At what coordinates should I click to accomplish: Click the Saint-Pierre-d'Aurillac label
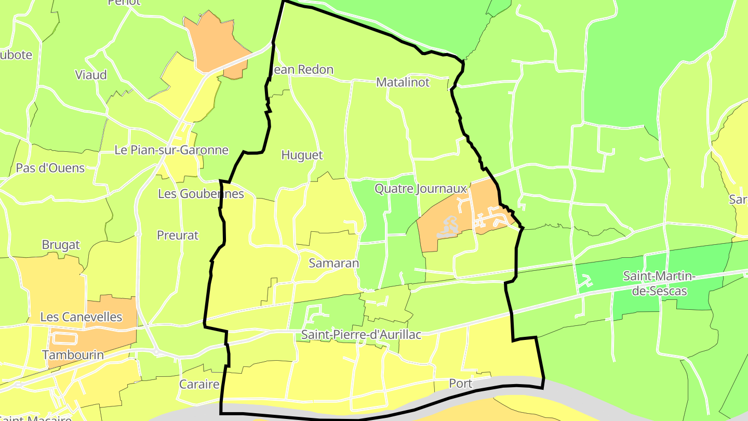(361, 335)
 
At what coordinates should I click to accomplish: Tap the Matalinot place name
(403, 82)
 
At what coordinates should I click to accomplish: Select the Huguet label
(302, 155)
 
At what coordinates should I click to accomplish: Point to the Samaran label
(333, 263)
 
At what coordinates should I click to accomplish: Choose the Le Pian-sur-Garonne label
(171, 150)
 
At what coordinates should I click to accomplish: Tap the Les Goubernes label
(201, 194)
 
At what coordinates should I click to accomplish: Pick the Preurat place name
(178, 235)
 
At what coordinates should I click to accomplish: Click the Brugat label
(61, 245)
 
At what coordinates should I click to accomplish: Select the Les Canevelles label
(81, 317)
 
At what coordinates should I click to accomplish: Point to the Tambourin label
(73, 355)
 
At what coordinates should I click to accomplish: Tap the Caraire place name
(199, 385)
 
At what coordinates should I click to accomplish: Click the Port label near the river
(460, 384)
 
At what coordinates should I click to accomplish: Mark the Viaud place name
(91, 75)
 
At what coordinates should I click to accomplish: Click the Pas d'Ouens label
(50, 168)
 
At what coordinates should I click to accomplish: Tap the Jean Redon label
(303, 70)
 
